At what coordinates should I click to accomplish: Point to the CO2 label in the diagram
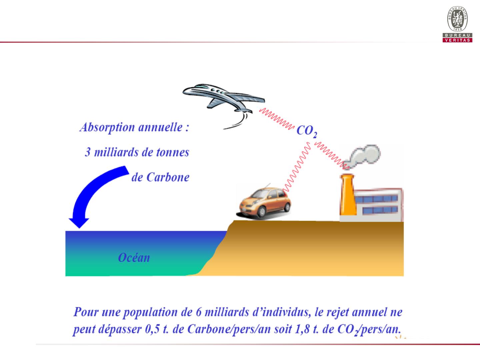(x=307, y=131)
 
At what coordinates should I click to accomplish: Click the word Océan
(x=134, y=258)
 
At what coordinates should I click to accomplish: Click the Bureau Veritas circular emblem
(x=457, y=19)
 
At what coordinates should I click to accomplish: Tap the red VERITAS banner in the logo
(x=457, y=40)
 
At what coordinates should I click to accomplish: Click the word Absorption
(x=107, y=127)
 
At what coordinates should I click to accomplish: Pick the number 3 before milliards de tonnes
(x=88, y=152)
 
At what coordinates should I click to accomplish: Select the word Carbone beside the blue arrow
(x=168, y=177)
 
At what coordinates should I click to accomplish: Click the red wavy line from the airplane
(x=277, y=119)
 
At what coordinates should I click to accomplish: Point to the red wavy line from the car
(x=296, y=167)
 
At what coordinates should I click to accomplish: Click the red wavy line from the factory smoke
(x=332, y=155)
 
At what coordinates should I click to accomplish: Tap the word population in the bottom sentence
(x=150, y=312)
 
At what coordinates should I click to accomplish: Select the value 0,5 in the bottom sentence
(x=152, y=329)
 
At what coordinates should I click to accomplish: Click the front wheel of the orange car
(x=262, y=212)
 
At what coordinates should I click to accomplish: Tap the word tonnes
(x=173, y=152)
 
